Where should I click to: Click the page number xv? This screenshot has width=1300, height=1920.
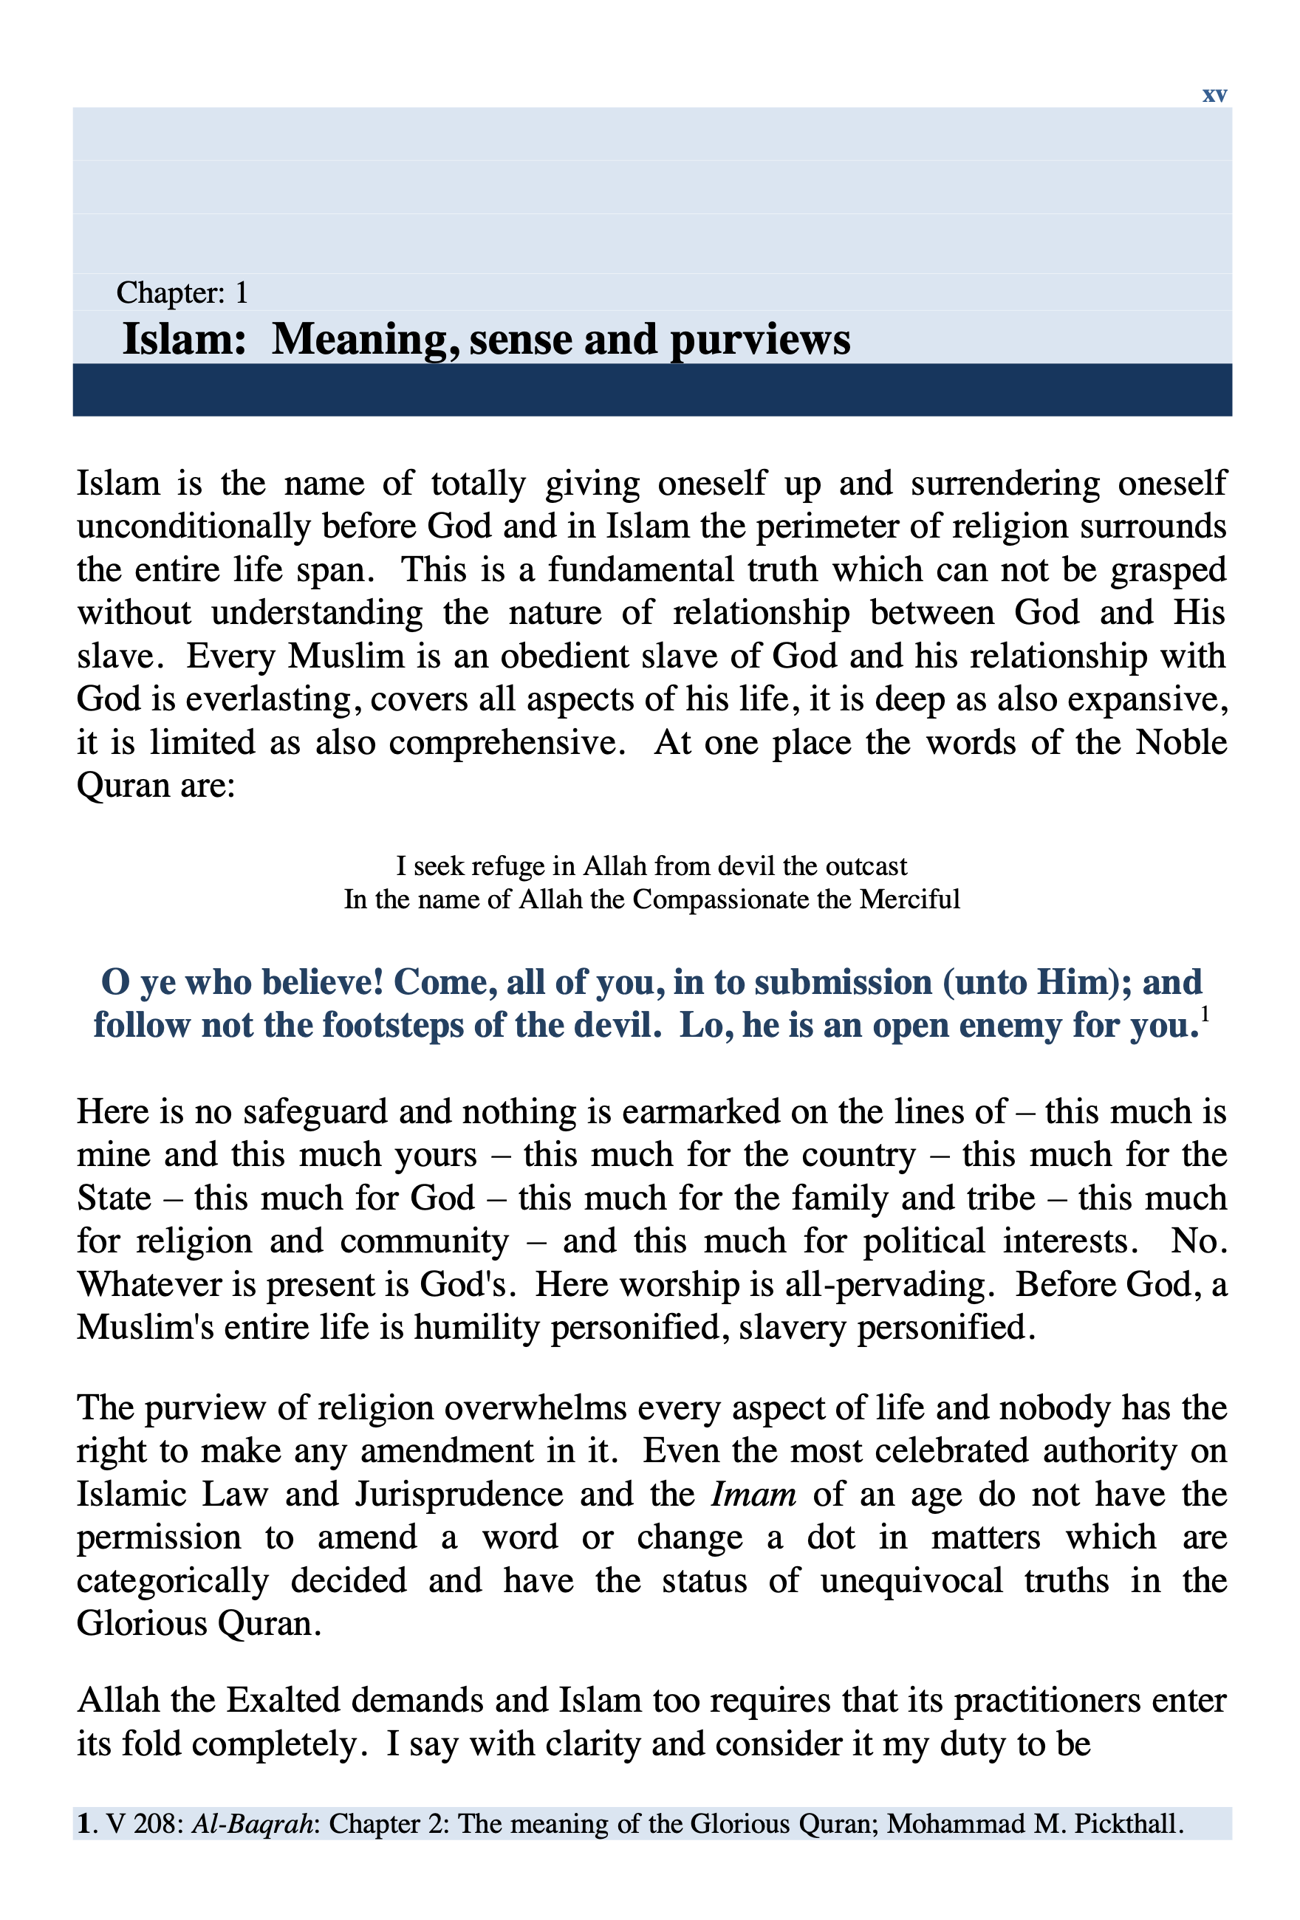(1214, 95)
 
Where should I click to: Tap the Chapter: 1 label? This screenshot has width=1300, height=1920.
(182, 292)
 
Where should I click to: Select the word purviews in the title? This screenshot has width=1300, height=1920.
(759, 340)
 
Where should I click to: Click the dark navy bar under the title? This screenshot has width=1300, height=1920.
(651, 389)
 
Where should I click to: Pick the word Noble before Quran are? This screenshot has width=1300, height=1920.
(1180, 742)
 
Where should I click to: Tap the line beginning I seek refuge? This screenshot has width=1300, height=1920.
(651, 865)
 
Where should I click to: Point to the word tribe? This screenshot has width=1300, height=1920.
(1004, 1198)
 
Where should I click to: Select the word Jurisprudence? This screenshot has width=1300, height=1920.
(459, 1495)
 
